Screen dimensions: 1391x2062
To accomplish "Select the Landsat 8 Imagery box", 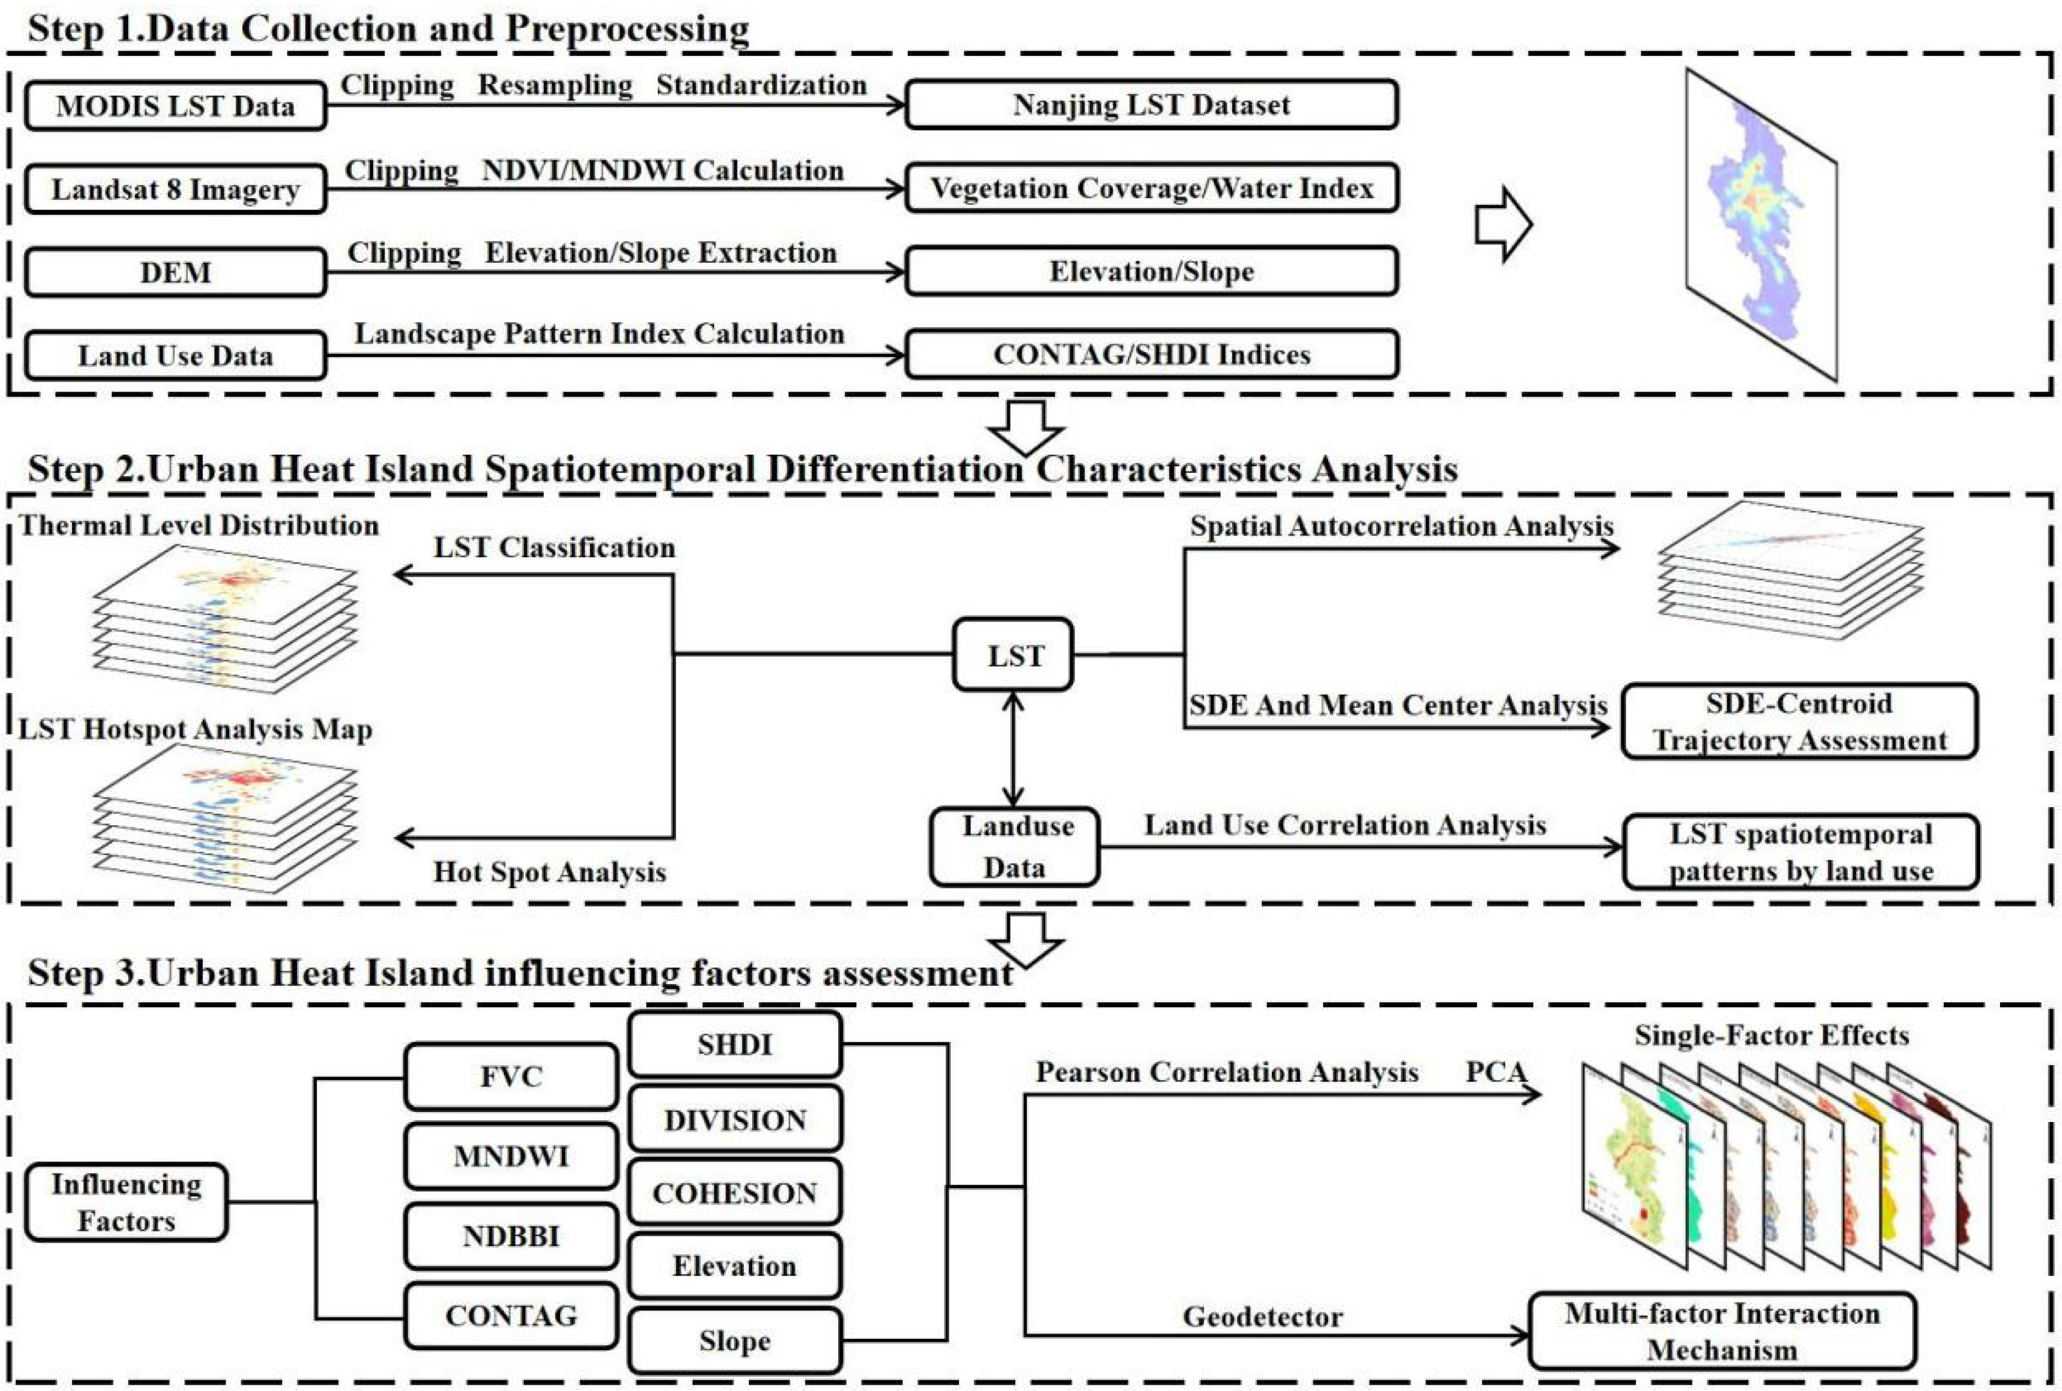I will tap(175, 189).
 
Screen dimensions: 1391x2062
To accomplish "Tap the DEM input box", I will tap(175, 272).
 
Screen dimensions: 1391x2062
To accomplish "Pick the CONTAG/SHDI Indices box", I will tap(1151, 355).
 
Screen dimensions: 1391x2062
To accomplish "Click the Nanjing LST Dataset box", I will tap(1151, 105).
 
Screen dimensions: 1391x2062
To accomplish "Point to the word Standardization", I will tap(761, 85).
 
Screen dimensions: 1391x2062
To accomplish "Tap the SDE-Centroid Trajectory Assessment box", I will tap(1799, 721).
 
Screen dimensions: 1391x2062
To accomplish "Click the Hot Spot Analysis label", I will tap(549, 872).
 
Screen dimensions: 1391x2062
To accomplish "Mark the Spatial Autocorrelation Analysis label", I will tap(1401, 526).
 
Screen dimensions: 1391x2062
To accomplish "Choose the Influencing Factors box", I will tap(126, 1202).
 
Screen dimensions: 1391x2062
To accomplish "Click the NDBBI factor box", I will tap(511, 1236).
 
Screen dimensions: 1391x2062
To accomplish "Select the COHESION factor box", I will tap(734, 1193).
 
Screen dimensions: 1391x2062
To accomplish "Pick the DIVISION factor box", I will tap(734, 1119).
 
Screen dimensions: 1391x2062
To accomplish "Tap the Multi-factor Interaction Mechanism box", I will tap(1722, 1331).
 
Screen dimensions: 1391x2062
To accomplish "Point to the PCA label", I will tap(1495, 1071).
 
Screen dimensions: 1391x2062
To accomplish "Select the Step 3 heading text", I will tap(520, 973).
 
